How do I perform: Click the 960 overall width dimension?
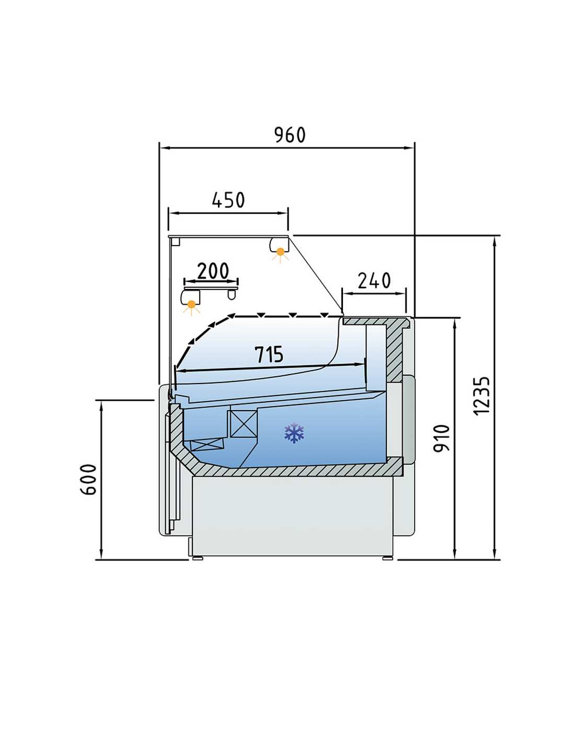(x=290, y=135)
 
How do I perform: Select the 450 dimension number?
(x=228, y=200)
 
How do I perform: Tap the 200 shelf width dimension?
(x=212, y=271)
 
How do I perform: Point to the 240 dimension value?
(x=374, y=281)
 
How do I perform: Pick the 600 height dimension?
(x=89, y=479)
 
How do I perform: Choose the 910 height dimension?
(x=441, y=439)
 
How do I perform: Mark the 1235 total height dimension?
(x=481, y=396)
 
